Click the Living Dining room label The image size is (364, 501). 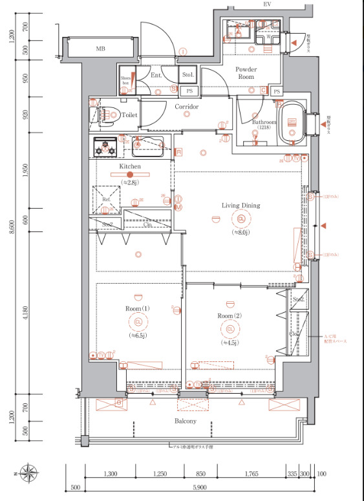[x=241, y=206]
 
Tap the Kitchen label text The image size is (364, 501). [x=130, y=166]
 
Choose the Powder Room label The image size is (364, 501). [x=246, y=72]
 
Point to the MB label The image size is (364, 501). [x=101, y=49]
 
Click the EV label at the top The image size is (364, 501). [x=266, y=5]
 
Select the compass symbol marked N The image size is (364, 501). [x=29, y=471]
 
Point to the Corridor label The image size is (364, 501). [x=186, y=107]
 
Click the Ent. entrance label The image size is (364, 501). [x=156, y=76]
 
